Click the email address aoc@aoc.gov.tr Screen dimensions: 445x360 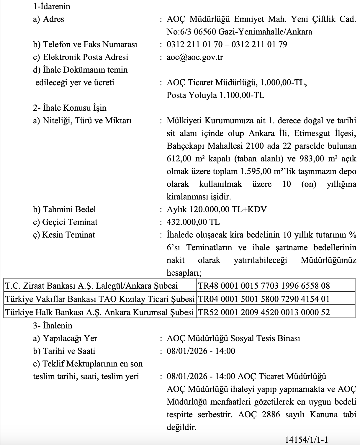pyautogui.click(x=195, y=57)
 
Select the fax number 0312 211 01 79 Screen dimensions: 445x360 pyautogui.click(x=259, y=44)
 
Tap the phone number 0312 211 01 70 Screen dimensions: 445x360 pyautogui.click(x=194, y=44)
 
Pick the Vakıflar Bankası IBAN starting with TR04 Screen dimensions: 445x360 pyautogui.click(x=264, y=299)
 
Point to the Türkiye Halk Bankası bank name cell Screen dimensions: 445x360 pyautogui.click(x=99, y=312)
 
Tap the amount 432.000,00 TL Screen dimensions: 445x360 pyautogui.click(x=193, y=222)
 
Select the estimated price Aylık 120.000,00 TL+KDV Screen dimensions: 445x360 pyautogui.click(x=217, y=209)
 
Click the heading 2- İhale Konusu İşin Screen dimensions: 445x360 pyautogui.click(x=70, y=108)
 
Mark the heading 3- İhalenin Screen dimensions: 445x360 pyautogui.click(x=53, y=325)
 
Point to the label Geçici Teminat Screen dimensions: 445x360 pyautogui.click(x=70, y=222)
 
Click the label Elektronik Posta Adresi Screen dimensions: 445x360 pyautogui.click(x=86, y=57)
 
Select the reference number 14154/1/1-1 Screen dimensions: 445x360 pyautogui.click(x=307, y=440)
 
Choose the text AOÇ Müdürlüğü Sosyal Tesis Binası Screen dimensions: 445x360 pyautogui.click(x=233, y=338)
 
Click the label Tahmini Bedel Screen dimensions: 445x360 pyautogui.click(x=69, y=209)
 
